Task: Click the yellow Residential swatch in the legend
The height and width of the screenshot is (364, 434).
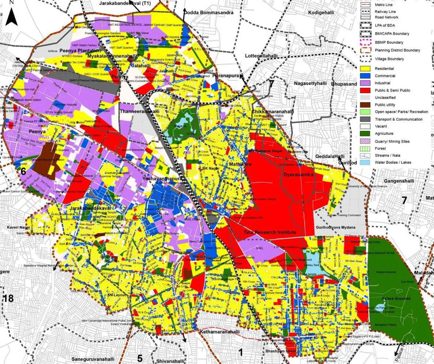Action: coord(366,69)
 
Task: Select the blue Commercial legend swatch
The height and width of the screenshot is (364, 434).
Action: coord(366,76)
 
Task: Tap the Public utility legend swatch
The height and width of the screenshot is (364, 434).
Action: coord(366,105)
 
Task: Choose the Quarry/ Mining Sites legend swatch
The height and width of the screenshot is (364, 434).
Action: coord(366,141)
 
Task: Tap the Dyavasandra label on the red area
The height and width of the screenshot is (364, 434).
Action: coord(299,175)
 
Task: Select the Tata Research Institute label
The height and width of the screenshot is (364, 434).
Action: coord(270,232)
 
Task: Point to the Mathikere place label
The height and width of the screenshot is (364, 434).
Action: coord(240,165)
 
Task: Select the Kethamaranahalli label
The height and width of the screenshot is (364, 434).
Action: coord(220,332)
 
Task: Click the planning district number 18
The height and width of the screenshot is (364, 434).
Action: coord(8,299)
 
